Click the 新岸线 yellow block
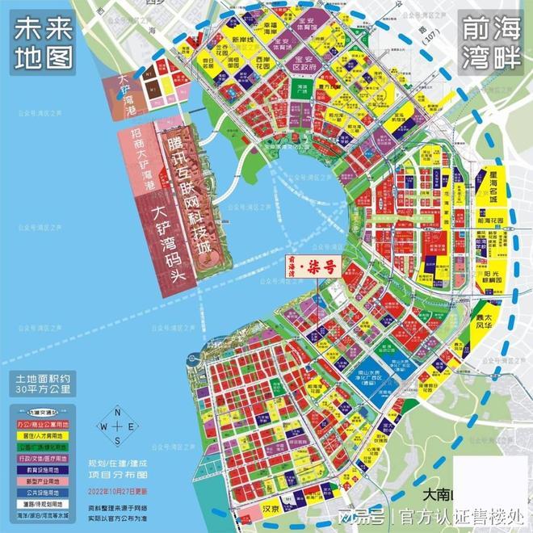click(x=244, y=40)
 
